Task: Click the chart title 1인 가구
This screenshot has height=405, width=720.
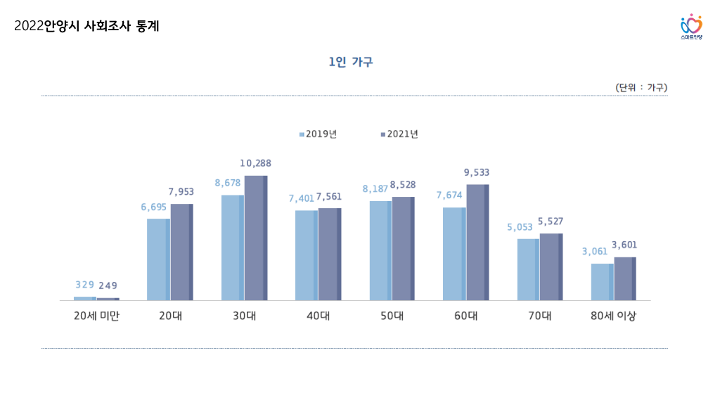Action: [350, 63]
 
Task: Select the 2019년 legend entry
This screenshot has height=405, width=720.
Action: [318, 134]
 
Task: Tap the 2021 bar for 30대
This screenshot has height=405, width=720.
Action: [255, 238]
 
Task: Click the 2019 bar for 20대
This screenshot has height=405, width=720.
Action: [158, 259]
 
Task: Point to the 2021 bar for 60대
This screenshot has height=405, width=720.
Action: [477, 242]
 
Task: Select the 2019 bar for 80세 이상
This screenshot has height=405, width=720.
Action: [602, 282]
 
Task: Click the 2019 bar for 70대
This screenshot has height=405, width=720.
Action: [528, 269]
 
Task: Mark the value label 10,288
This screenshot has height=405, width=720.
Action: [255, 163]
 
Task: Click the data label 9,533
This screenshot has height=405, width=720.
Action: [477, 172]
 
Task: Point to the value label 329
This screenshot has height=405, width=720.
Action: [84, 285]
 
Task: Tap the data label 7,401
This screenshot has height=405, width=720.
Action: [302, 199]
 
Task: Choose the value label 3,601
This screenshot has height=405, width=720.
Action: [624, 245]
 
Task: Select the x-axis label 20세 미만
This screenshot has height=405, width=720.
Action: [96, 316]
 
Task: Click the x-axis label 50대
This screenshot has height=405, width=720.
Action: [392, 316]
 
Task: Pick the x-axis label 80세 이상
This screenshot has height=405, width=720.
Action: [613, 316]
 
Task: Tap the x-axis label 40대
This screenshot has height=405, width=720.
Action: [318, 316]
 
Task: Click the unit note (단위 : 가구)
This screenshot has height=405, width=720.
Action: [641, 88]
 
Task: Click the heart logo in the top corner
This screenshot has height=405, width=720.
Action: [691, 25]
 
